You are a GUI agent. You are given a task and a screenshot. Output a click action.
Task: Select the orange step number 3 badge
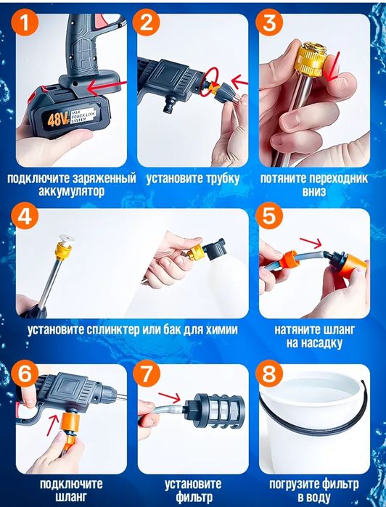[270, 24]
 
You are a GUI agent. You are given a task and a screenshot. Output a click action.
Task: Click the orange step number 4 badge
[26, 218]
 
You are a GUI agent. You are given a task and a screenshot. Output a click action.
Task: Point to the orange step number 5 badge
[270, 218]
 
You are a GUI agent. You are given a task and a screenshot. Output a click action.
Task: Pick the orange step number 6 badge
[26, 375]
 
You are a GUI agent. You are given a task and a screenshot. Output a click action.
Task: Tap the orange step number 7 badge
[147, 375]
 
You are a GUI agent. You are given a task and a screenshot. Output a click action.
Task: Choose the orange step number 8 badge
[270, 375]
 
